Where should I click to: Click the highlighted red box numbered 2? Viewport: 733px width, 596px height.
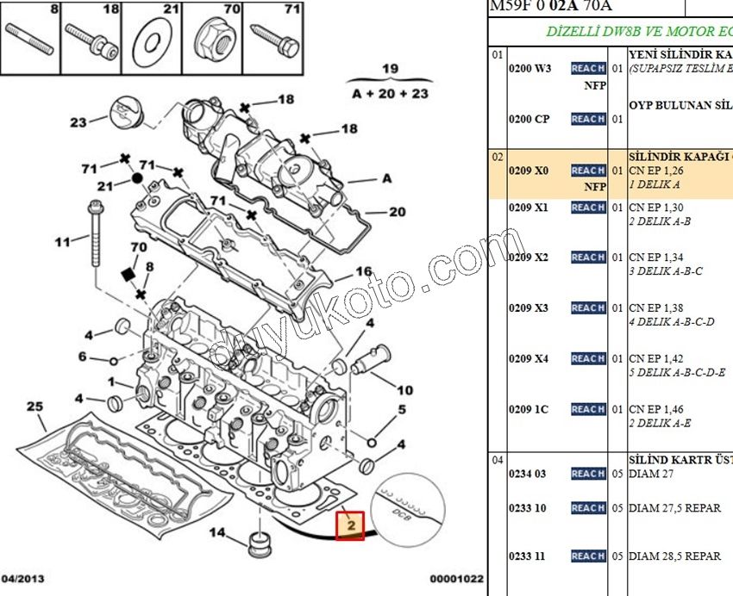coord(351,525)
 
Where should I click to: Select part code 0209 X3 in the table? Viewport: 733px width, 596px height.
coord(529,308)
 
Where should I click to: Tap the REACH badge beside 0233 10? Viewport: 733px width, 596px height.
coord(588,508)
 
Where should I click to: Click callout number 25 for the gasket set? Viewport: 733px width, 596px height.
coord(34,407)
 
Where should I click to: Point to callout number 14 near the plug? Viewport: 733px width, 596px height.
coord(218,532)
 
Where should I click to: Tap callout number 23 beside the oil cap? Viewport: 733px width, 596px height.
coord(78,122)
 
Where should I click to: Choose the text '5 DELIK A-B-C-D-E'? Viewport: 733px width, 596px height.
coord(677,372)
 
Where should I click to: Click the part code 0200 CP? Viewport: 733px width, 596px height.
coord(529,119)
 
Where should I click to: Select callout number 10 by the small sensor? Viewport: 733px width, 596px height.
coord(404,390)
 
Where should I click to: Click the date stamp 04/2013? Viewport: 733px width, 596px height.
coord(23,579)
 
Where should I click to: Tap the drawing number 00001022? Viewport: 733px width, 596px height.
coord(457,579)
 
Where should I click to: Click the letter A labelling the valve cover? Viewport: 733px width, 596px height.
coord(386,178)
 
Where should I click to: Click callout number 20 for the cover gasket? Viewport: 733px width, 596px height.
coord(397,212)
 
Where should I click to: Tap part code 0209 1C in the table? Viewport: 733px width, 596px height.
coord(529,409)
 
